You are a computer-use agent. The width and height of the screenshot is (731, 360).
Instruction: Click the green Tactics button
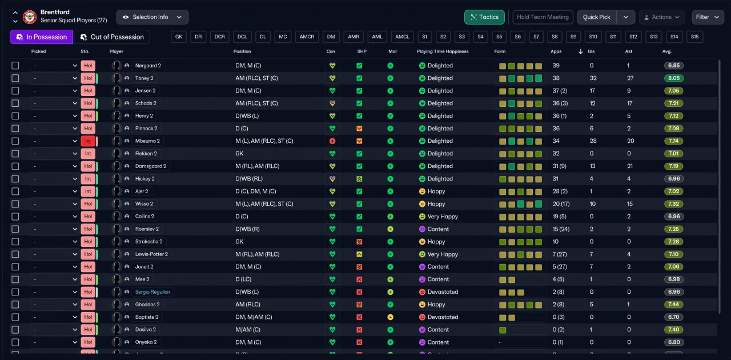[x=484, y=17]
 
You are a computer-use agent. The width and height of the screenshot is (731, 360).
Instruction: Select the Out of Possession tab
[x=112, y=37]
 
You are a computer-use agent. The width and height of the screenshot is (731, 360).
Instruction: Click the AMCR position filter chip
[x=307, y=37]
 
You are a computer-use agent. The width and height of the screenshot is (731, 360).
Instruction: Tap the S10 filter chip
[x=593, y=37]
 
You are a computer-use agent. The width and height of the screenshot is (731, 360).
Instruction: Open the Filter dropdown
[x=708, y=17]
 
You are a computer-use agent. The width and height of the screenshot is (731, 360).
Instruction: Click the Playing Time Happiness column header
[x=442, y=51]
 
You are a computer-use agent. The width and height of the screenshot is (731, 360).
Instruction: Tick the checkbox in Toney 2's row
[x=15, y=78]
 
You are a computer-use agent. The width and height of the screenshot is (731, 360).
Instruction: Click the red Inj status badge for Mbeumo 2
[x=88, y=141]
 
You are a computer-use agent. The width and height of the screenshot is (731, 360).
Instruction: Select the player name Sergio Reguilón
[x=152, y=292]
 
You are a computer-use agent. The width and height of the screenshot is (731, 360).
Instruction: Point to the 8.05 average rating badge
[x=673, y=78]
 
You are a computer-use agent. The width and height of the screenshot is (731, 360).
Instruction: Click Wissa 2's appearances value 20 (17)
[x=561, y=204]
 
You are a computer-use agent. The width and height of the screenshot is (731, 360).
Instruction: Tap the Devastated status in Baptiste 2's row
[x=443, y=317]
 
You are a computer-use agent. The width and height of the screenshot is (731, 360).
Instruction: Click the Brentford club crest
[x=30, y=17]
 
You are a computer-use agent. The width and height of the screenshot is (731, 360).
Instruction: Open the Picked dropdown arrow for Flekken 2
[x=75, y=154]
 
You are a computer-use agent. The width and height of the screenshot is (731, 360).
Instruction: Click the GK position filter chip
[x=179, y=37]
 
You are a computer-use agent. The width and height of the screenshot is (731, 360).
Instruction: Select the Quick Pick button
[x=596, y=17]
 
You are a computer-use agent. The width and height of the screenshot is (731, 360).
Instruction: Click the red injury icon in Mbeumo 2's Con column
[x=332, y=141]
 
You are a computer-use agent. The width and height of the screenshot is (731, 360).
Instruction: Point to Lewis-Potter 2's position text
[x=257, y=254]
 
